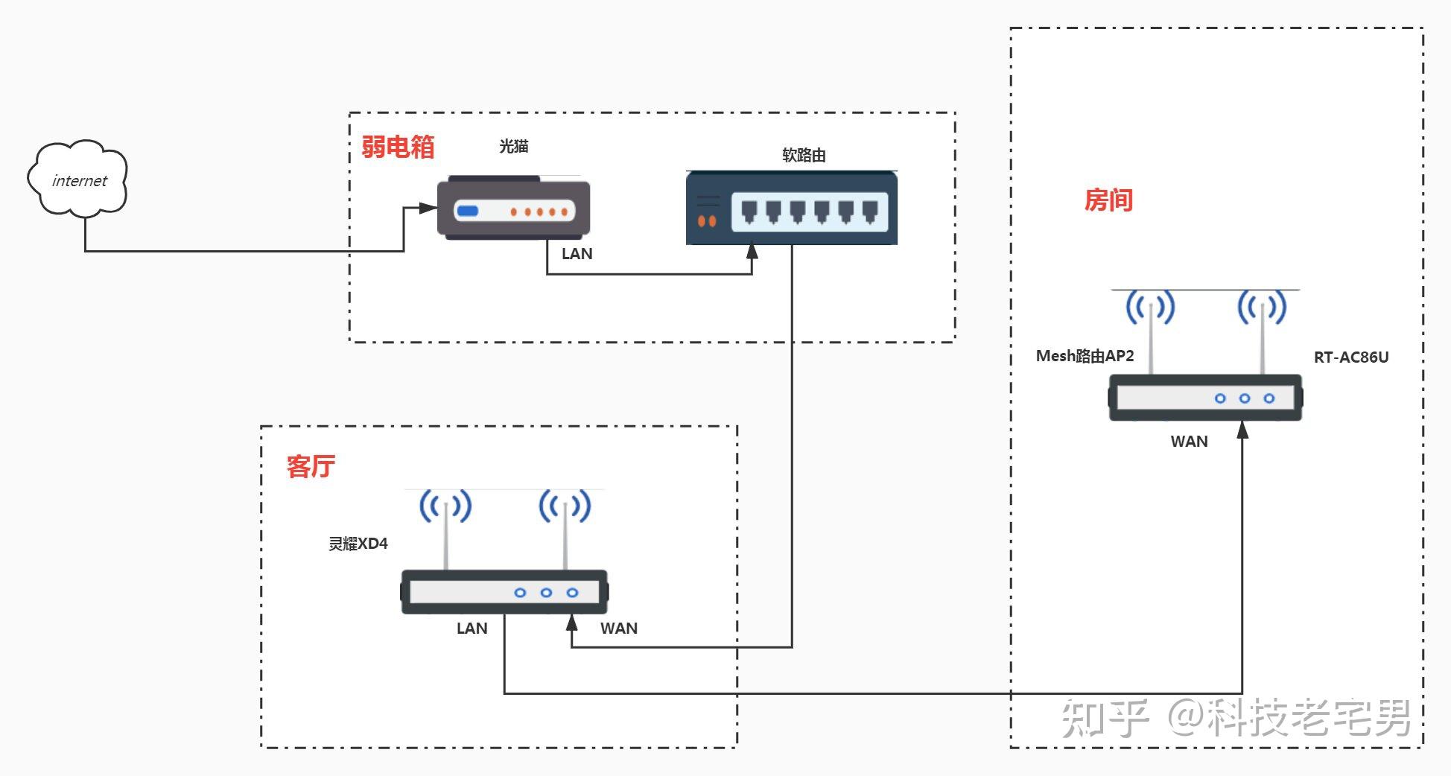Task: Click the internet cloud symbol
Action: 78,179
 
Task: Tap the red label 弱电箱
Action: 398,147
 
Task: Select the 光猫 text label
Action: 514,147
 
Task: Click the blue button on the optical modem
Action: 467,211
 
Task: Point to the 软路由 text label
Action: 804,155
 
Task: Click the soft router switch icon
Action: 791,208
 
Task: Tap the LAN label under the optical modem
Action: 577,254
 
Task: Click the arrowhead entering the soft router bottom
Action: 752,251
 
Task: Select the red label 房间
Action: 1108,200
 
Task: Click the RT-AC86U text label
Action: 1350,357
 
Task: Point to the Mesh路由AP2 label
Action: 1085,356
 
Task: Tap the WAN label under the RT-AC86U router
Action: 1189,442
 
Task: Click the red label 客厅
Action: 311,466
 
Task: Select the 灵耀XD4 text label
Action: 358,544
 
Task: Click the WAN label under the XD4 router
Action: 618,629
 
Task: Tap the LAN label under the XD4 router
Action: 472,629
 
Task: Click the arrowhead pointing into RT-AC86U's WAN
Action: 1242,430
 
